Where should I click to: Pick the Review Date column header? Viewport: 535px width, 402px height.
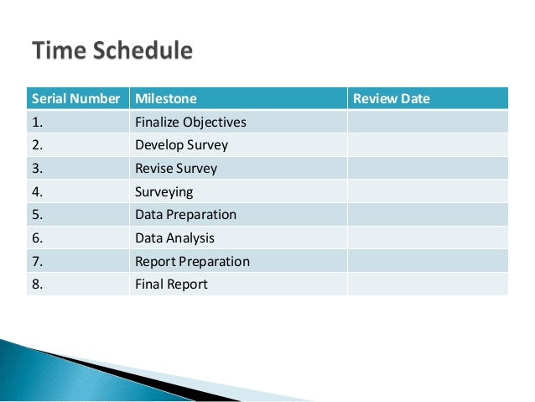click(x=392, y=99)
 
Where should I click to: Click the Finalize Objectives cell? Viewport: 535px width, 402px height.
click(x=190, y=123)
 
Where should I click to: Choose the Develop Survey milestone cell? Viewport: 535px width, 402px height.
click(x=181, y=145)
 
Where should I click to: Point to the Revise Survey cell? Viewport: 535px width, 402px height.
click(x=176, y=168)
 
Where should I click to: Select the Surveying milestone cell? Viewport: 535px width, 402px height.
click(x=164, y=191)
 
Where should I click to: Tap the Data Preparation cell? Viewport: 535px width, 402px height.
click(x=185, y=215)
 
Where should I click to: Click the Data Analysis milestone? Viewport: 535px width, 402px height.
click(x=174, y=238)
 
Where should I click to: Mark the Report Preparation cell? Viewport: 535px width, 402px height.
click(x=192, y=261)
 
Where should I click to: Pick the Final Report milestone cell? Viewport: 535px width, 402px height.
click(x=171, y=285)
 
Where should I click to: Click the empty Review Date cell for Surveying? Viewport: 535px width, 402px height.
click(x=428, y=191)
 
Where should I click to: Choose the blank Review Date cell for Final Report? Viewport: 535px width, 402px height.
click(x=428, y=285)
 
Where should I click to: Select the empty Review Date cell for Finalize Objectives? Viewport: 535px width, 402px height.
click(x=428, y=123)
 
